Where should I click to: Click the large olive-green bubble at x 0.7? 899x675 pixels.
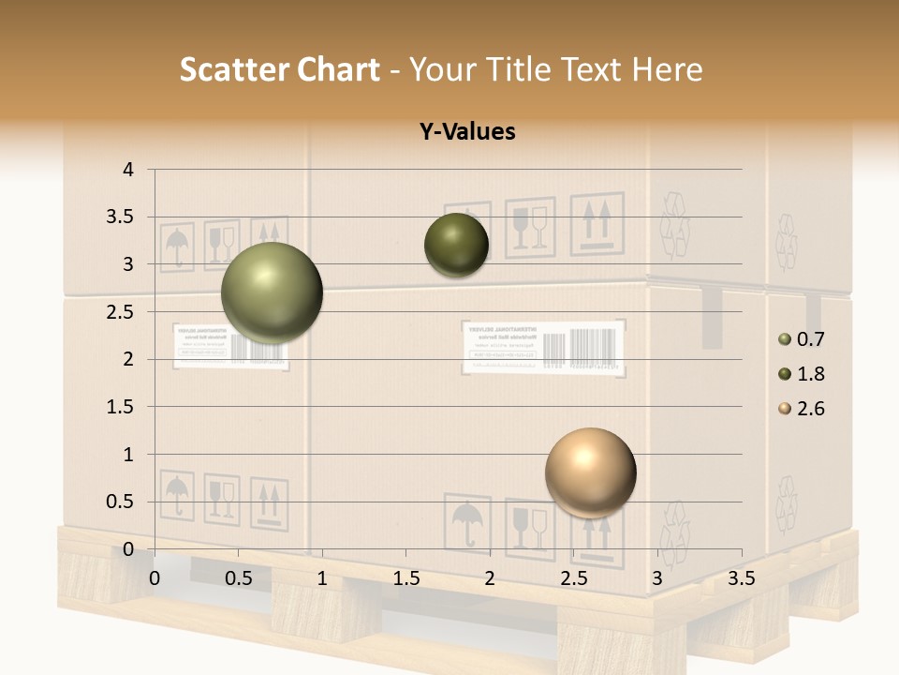(272, 292)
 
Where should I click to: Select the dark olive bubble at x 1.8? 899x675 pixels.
(456, 246)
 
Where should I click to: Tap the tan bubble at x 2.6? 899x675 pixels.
(590, 472)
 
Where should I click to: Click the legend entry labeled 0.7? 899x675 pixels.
(802, 339)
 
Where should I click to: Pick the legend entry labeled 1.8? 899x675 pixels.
(802, 374)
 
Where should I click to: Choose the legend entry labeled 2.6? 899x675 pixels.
(802, 409)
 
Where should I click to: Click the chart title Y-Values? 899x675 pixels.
(466, 132)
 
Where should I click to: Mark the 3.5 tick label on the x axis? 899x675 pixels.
(741, 578)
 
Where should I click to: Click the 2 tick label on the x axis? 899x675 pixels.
(490, 578)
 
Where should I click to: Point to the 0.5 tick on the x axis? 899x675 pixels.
(238, 578)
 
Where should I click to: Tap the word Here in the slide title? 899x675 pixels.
(666, 69)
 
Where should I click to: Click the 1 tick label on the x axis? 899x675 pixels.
(322, 578)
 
